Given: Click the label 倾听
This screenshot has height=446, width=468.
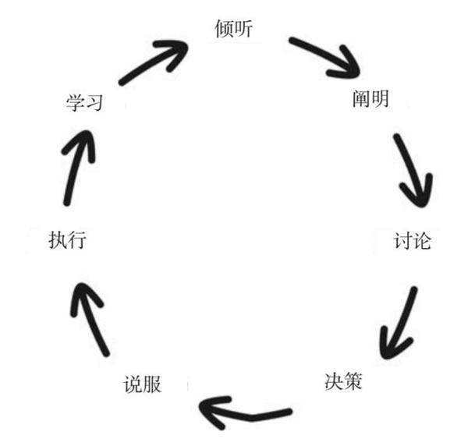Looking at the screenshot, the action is point(234,29).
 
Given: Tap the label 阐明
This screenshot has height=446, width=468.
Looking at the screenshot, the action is point(370,99).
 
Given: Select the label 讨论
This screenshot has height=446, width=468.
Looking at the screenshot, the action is point(413,241).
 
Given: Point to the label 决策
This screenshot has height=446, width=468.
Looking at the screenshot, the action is point(343,381).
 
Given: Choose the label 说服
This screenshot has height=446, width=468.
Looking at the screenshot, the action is point(143,384).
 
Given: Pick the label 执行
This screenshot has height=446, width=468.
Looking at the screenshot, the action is point(68,239).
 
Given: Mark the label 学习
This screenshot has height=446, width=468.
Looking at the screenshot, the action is point(84,103).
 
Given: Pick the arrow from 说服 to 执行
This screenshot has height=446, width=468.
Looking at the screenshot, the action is point(90,319).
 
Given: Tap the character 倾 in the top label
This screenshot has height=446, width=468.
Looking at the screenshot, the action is point(224,29).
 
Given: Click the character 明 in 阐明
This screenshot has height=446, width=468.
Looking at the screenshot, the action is point(381,99).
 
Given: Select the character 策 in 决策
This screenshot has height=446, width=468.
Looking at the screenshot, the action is point(353,381).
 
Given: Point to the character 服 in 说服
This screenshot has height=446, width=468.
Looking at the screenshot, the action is point(152,384).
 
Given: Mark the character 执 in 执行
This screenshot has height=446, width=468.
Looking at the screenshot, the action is point(58,239).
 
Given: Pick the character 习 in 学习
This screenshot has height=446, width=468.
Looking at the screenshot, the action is point(94,103).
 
